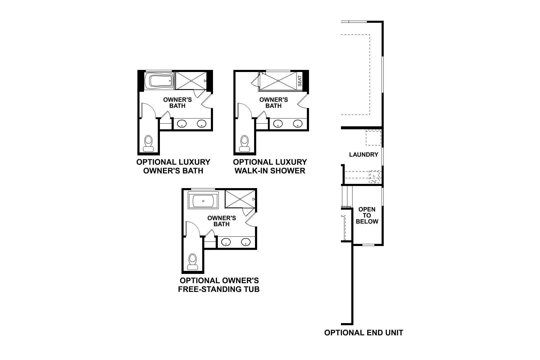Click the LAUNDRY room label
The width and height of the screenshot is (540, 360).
point(364,154)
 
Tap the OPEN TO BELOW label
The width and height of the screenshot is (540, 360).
point(367,215)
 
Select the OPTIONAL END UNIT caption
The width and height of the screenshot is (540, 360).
point(364,332)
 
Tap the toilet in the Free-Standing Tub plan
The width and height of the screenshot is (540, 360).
point(192,262)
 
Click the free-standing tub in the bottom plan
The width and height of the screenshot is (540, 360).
point(203,201)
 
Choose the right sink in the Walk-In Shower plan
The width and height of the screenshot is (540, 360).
point(298,123)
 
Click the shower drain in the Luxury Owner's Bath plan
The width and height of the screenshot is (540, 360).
point(191,81)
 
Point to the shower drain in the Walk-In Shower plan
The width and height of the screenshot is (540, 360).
point(278,81)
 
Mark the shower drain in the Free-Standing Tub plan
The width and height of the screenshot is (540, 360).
point(240,199)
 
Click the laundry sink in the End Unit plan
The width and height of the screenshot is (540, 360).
point(374,176)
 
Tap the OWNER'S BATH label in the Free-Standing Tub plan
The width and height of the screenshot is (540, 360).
point(222,221)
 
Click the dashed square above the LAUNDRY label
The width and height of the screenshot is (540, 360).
point(373,137)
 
